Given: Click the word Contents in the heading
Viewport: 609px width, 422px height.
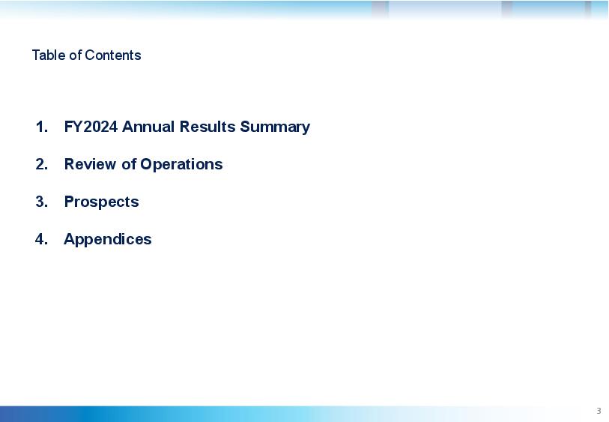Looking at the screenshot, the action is pyautogui.click(x=112, y=55).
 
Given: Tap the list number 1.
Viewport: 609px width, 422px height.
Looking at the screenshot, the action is pyautogui.click(x=41, y=127).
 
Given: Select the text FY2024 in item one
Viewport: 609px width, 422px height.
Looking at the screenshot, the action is pyautogui.click(x=91, y=127).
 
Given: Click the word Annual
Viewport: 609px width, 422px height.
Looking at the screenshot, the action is pyautogui.click(x=148, y=127).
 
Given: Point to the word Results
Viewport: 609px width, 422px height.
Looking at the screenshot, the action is pyautogui.click(x=207, y=127).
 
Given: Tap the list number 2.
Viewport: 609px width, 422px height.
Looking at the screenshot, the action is pyautogui.click(x=41, y=164).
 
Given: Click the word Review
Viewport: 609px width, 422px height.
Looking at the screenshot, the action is pyautogui.click(x=90, y=164).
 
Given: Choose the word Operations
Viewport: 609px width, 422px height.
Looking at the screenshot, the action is pyautogui.click(x=181, y=165).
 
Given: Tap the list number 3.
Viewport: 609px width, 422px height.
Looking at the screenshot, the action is pyautogui.click(x=41, y=202).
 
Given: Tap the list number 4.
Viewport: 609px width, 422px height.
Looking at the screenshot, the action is pyautogui.click(x=41, y=239).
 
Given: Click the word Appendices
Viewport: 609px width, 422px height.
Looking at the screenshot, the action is pyautogui.click(x=108, y=240).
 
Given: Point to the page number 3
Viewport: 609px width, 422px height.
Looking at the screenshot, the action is pyautogui.click(x=599, y=411).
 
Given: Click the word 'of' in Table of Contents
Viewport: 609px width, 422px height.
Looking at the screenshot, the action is pyautogui.click(x=76, y=55).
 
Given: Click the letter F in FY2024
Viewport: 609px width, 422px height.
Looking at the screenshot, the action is pyautogui.click(x=68, y=127).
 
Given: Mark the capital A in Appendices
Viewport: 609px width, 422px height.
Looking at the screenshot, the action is pyautogui.click(x=69, y=239).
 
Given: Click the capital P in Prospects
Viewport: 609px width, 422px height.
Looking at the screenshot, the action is pyautogui.click(x=69, y=202).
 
